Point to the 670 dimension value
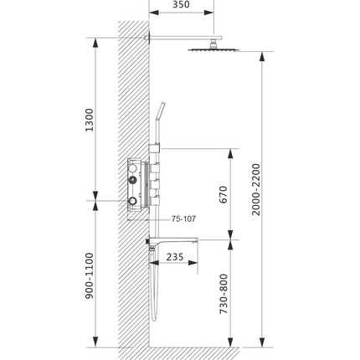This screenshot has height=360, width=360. coord(222,194)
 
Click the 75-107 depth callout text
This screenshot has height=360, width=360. coord(183,219)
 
